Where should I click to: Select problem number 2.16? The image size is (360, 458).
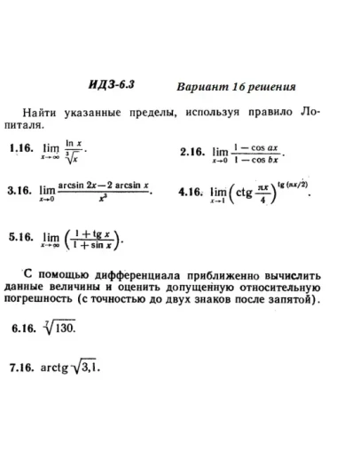[192, 153]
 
